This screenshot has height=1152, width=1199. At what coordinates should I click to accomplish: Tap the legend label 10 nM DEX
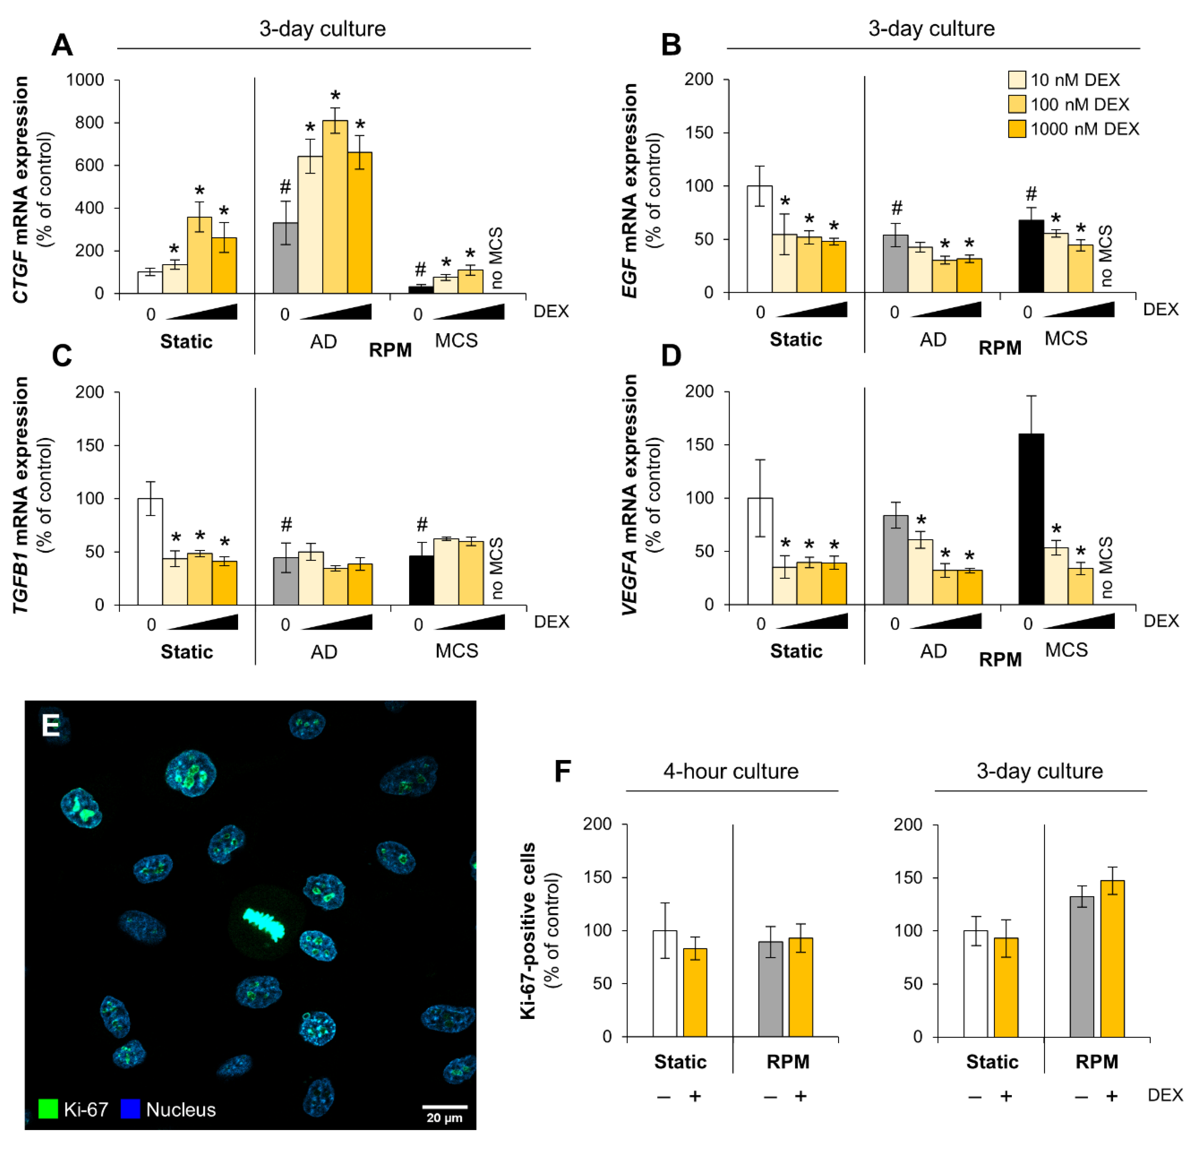point(1075,80)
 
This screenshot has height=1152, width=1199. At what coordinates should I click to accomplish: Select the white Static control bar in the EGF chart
point(759,239)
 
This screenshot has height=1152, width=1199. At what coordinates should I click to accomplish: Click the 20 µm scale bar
point(445,1107)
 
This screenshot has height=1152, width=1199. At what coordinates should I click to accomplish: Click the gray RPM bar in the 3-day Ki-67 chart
point(1081,967)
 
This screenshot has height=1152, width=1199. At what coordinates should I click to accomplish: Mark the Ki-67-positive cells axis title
point(527,931)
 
